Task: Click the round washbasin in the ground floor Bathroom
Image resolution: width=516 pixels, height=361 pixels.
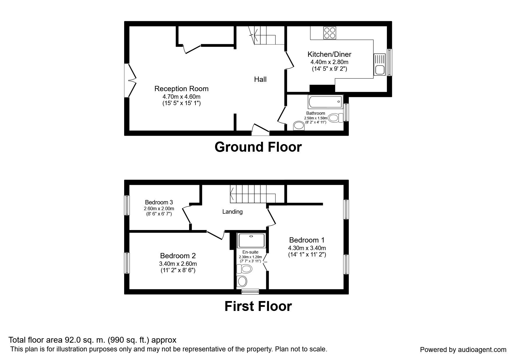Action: [x=299, y=126]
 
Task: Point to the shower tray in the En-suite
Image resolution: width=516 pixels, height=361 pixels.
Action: [x=251, y=240]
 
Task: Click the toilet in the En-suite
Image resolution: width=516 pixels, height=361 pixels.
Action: [x=244, y=269]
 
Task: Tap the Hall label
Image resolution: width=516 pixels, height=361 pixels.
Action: [x=260, y=79]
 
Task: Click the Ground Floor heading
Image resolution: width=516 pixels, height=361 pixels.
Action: [x=258, y=147]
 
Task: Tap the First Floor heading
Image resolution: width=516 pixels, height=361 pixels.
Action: [x=258, y=306]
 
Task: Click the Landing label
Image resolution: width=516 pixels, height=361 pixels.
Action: [x=232, y=212]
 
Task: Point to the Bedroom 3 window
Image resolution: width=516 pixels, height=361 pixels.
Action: [x=127, y=205]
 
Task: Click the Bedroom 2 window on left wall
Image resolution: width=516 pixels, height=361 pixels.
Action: [x=127, y=263]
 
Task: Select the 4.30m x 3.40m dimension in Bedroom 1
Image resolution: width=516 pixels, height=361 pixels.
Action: [x=307, y=248]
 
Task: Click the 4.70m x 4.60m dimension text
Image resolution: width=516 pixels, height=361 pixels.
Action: [x=181, y=96]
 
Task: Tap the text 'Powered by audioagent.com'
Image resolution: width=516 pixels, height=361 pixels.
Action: [x=463, y=350]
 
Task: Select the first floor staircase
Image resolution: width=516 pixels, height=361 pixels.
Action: [x=252, y=194]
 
